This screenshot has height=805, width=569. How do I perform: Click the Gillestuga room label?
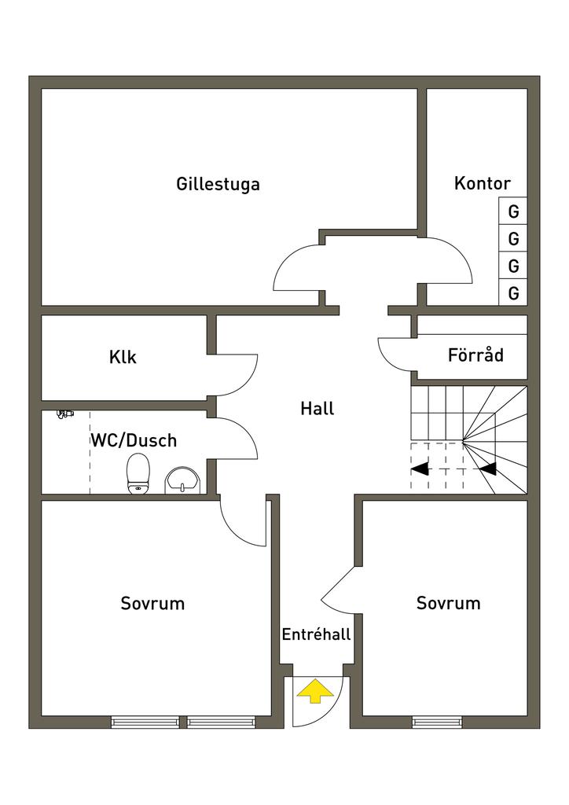(x=218, y=185)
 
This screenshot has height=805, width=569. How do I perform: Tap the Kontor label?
(x=482, y=183)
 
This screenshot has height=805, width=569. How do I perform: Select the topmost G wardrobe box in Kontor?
(x=513, y=211)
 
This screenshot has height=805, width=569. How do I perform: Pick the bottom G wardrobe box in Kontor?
(x=513, y=294)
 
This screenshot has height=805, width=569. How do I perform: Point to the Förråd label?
(x=475, y=355)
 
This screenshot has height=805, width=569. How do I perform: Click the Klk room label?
(x=123, y=357)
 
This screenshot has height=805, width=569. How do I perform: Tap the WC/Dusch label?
(x=133, y=440)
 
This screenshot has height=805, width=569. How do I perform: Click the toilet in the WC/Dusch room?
(x=138, y=473)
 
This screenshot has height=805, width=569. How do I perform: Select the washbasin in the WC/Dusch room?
(x=183, y=479)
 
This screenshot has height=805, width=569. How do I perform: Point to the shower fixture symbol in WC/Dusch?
(x=65, y=414)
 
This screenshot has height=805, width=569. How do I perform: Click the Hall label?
(x=317, y=409)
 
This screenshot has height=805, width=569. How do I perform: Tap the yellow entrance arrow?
(x=315, y=691)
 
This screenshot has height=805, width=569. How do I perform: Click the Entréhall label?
(x=316, y=634)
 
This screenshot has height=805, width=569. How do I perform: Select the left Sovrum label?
(x=152, y=604)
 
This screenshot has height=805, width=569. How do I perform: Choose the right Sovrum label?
(x=448, y=604)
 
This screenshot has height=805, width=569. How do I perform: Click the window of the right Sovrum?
(x=437, y=722)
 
